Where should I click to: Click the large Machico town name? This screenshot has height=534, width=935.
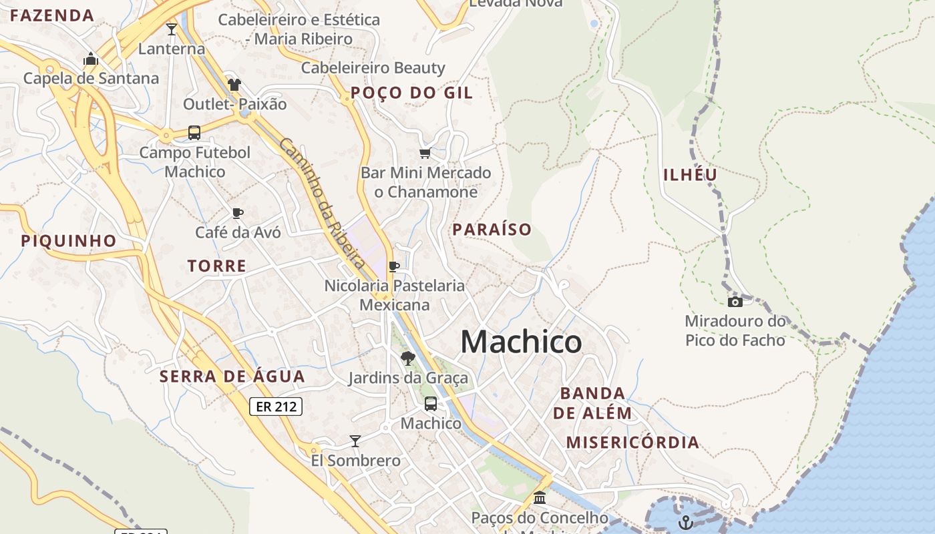(x=521, y=342)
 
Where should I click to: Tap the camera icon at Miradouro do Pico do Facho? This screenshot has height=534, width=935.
(x=735, y=302)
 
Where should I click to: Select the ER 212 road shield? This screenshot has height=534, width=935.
(x=276, y=407)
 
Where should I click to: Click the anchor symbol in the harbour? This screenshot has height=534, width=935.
(x=685, y=522)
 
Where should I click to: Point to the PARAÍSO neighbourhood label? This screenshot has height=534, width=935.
(x=492, y=230)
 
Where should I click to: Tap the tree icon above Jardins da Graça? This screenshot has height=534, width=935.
(x=407, y=359)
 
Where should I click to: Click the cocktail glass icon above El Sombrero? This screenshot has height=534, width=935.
(x=355, y=441)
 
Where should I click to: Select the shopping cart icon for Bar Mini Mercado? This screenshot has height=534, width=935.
(x=425, y=154)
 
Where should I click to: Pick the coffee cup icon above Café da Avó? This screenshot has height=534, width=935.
(x=237, y=213)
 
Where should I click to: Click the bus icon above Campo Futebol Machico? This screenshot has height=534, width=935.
(x=194, y=133)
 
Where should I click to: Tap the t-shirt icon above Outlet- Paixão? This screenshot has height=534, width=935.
(x=234, y=85)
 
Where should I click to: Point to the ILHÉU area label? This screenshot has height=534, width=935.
(x=691, y=175)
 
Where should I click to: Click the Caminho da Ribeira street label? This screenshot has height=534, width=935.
(x=322, y=203)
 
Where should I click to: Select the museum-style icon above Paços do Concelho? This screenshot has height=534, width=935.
(x=540, y=498)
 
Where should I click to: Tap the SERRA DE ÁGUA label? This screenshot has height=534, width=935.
(x=232, y=376)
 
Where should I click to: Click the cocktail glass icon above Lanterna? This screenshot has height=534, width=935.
(x=172, y=29)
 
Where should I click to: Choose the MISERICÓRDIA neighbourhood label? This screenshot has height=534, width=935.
(x=632, y=442)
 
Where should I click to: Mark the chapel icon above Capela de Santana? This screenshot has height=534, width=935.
(x=91, y=59)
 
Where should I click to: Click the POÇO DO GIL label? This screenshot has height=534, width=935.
(x=411, y=93)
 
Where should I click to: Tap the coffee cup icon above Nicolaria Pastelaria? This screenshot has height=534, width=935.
(x=394, y=266)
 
